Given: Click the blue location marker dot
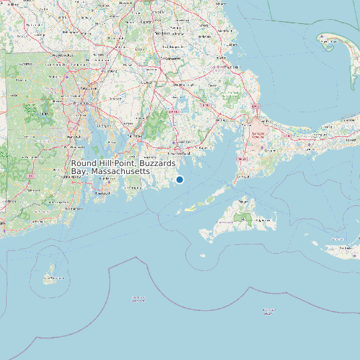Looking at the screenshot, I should pos(179,179).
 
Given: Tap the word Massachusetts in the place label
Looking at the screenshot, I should pos(120,171).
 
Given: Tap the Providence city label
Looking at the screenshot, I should pos(82,89).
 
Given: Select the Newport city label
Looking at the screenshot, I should pos(101,193).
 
